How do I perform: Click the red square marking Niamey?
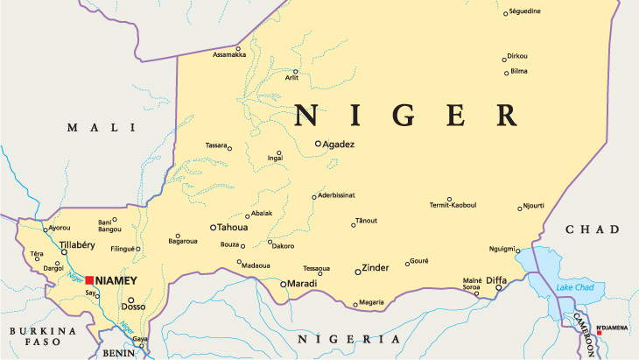click(89, 280)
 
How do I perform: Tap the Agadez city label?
click(339, 144)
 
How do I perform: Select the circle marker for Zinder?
click(357, 272)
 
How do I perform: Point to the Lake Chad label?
click(575, 288)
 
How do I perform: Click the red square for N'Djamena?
click(600, 333)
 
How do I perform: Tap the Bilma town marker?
click(506, 72)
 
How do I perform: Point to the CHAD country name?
click(593, 229)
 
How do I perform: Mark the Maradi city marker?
click(282, 284)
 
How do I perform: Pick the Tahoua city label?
click(232, 227)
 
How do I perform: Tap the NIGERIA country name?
click(349, 338)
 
